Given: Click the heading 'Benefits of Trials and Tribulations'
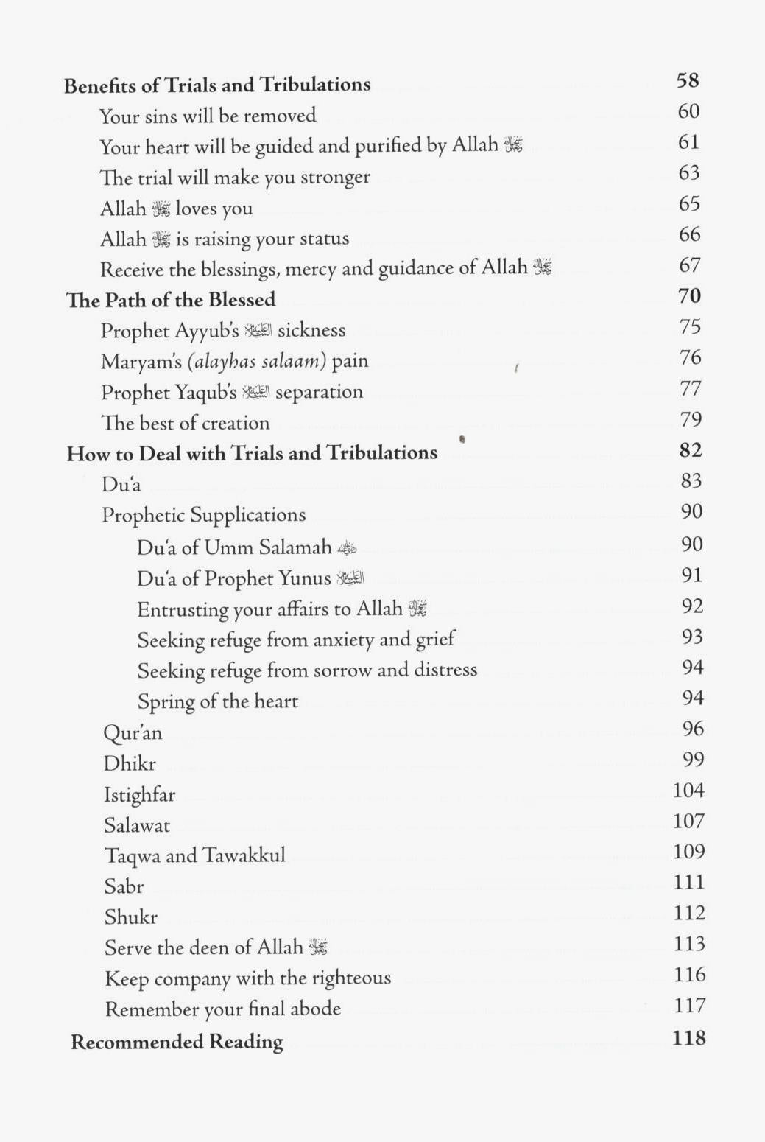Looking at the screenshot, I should tap(217, 85).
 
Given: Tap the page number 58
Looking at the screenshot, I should tap(688, 80).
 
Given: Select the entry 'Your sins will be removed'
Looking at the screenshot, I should tap(208, 116).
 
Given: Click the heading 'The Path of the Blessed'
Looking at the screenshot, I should tap(171, 300).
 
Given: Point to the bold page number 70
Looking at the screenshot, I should tap(689, 296).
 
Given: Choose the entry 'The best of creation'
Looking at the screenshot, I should tap(186, 423).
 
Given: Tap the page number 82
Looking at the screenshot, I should tap(691, 450).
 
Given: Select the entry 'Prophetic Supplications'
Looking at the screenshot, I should tap(203, 515).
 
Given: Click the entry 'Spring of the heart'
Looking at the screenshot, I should tap(218, 701).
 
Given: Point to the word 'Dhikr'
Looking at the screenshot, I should tap(130, 764).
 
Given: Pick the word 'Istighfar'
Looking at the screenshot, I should tap(140, 795).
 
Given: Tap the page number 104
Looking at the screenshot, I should tap(688, 791).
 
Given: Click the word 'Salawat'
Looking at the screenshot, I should tap(137, 826).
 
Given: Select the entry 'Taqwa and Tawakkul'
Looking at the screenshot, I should tap(195, 856).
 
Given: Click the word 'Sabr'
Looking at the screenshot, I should tap(124, 887).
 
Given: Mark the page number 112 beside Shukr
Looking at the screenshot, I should tap(689, 914).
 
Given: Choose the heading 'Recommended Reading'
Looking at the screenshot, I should tap(177, 1043).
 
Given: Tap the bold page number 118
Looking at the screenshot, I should tap(689, 1039).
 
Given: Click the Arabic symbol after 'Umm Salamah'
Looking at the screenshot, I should tap(347, 548).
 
